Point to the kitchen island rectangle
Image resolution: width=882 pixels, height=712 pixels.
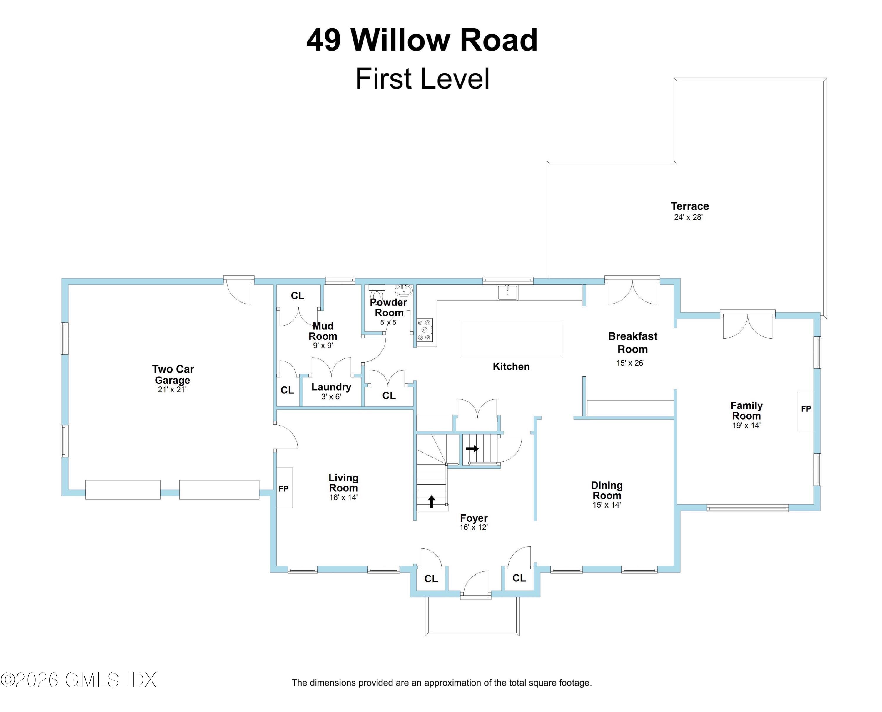point(511,339)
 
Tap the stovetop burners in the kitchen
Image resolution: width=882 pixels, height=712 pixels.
point(425,330)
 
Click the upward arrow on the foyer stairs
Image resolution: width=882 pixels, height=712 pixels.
point(431,501)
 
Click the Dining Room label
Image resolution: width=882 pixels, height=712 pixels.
point(607,490)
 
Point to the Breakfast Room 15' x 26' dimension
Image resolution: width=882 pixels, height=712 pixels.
point(630,363)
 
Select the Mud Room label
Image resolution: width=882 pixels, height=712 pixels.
point(323,331)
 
